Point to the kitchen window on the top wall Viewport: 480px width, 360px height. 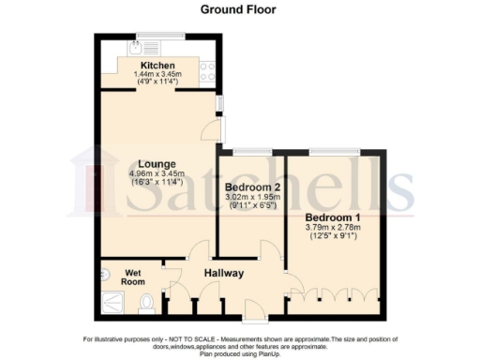[x=148, y=37]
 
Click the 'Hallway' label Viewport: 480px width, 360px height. [x=225, y=274]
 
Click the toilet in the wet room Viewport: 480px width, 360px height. [x=144, y=304]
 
